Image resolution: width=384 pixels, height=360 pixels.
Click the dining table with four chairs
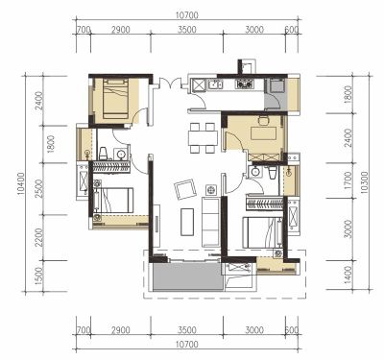(x=204, y=138)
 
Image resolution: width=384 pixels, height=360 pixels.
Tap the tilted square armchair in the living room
(x=185, y=190)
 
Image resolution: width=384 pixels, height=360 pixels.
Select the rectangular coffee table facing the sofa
(x=187, y=222)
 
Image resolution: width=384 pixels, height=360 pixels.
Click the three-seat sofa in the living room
(x=210, y=222)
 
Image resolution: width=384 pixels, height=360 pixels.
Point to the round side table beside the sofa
(x=211, y=190)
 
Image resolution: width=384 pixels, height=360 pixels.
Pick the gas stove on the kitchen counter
(x=245, y=84)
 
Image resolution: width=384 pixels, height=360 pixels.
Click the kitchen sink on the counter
(x=216, y=84)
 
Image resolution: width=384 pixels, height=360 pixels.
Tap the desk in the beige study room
(x=264, y=132)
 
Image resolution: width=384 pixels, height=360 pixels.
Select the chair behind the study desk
(x=264, y=120)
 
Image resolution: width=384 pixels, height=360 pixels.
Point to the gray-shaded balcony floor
(x=187, y=276)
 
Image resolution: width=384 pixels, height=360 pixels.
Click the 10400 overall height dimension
(x=21, y=184)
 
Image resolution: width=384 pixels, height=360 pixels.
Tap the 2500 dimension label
(x=38, y=188)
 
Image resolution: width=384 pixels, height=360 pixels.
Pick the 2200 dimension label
(x=38, y=237)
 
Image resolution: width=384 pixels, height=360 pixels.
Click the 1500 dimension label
(x=38, y=276)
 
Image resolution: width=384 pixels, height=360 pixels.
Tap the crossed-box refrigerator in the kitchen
(x=199, y=85)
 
